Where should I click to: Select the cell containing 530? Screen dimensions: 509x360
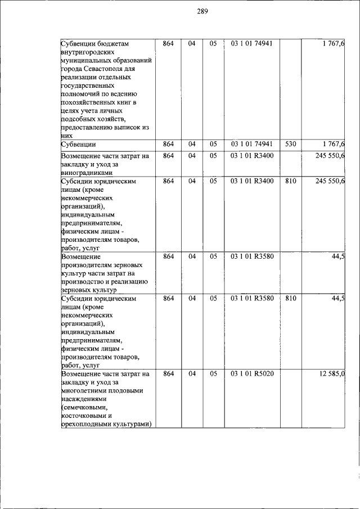(290, 145)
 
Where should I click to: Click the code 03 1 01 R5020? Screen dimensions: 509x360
(251, 374)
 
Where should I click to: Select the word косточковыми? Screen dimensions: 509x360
(87, 416)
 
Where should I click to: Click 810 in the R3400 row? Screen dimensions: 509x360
(290, 181)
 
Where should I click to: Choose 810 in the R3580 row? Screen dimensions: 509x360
(290, 298)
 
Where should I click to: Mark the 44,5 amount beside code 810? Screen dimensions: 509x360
(337, 298)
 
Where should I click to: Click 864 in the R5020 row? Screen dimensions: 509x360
(168, 374)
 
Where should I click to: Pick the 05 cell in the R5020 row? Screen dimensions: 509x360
(213, 374)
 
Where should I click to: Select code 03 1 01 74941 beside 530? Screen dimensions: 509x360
(251, 145)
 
